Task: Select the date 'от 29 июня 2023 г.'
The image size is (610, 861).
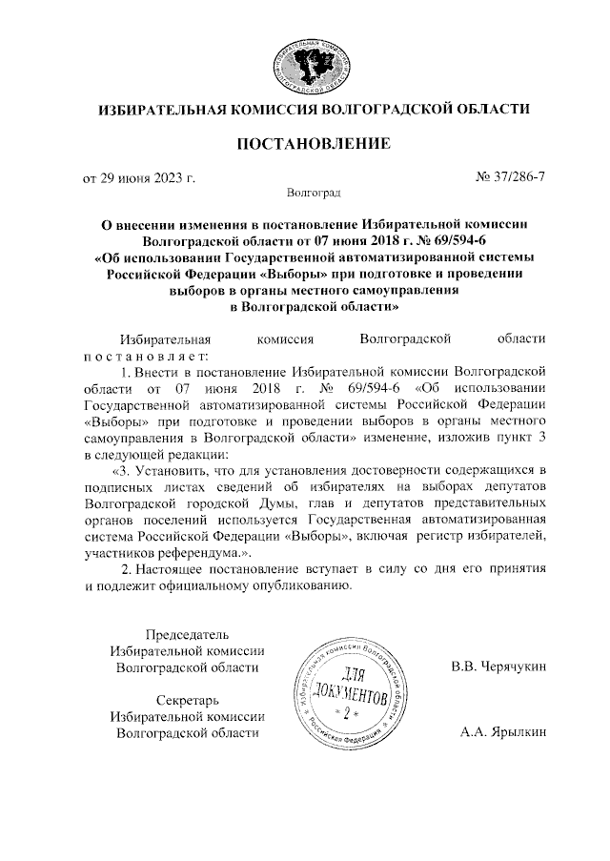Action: coord(139,178)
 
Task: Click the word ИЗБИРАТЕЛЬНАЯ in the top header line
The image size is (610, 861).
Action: coord(159,112)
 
